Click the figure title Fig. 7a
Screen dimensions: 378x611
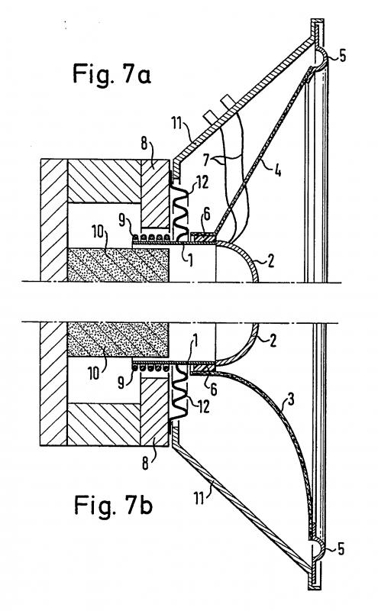[x=111, y=74]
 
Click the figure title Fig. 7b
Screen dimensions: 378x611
[x=113, y=506]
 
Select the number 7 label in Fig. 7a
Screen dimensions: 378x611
[x=206, y=159]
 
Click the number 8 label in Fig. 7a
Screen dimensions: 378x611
[x=144, y=144]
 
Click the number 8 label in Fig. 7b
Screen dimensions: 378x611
[x=145, y=464]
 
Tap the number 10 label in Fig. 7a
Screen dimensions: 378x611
[x=98, y=233]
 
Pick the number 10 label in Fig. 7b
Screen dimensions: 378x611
[x=94, y=373]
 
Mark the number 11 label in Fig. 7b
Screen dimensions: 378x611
[x=199, y=498]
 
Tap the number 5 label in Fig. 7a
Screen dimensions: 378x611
[x=342, y=56]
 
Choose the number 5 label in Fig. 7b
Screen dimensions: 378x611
[x=341, y=549]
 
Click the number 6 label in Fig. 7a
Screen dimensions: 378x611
[x=207, y=214]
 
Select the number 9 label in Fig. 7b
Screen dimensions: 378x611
[x=121, y=383]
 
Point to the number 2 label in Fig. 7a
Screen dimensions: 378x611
[x=270, y=260]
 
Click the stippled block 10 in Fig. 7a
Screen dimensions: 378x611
[x=118, y=264]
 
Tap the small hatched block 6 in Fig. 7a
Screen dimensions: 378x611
[x=202, y=238]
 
